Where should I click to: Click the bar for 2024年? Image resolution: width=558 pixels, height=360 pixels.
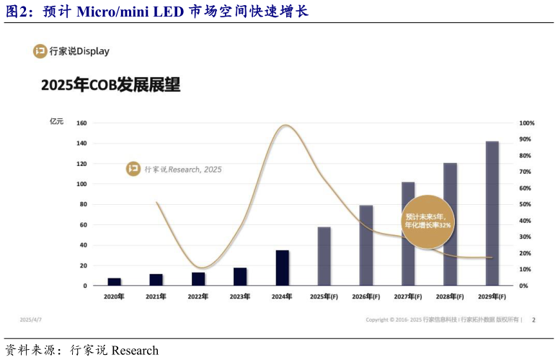coord(282,268)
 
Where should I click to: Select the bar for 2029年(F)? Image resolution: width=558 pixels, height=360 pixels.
coord(492,213)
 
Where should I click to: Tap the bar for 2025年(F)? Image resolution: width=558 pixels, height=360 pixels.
coord(324,256)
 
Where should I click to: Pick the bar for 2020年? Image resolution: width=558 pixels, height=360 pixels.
coord(114,281)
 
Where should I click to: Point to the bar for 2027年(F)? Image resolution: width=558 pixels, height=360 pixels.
coord(408,234)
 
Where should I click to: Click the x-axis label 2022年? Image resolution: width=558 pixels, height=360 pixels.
coord(198,297)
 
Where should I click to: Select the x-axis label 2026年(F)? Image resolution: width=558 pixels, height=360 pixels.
coord(366,297)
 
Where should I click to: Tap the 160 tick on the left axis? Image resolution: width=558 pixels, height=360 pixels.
coord(81,123)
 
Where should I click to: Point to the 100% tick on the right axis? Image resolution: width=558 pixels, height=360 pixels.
coord(526,123)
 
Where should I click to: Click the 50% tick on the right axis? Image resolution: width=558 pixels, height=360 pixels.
coord(526,205)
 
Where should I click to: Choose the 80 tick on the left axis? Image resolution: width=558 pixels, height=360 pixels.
coord(82,205)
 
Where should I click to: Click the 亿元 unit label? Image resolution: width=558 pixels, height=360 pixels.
coord(56,121)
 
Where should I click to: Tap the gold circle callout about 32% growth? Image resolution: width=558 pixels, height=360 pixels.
coord(427,221)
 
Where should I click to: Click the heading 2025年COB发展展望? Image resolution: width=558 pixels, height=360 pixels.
coord(110,85)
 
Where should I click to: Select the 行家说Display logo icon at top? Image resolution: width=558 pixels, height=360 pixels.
coord(41,51)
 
